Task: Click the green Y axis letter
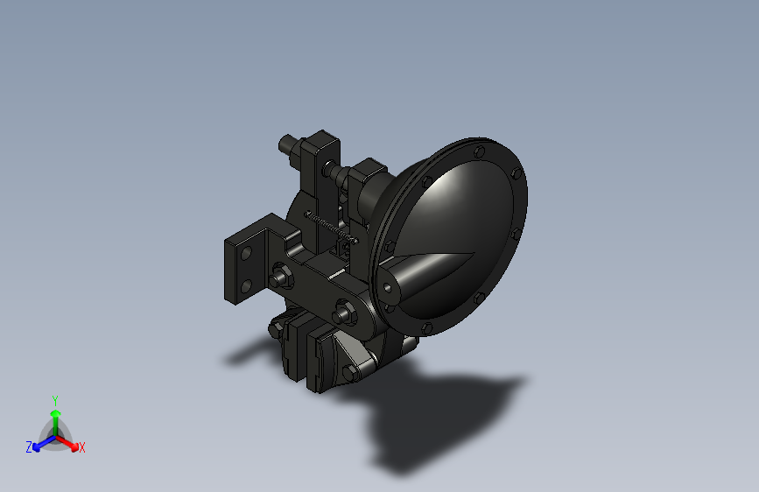tap(54, 398)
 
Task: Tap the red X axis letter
tap(82, 447)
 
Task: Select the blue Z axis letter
tap(29, 446)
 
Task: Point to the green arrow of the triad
tap(54, 416)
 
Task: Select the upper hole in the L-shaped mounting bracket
tap(246, 253)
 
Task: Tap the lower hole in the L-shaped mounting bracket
tap(246, 282)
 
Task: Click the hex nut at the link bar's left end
tap(280, 278)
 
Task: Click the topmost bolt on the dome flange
tap(479, 151)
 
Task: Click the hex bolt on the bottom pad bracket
tap(348, 376)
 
